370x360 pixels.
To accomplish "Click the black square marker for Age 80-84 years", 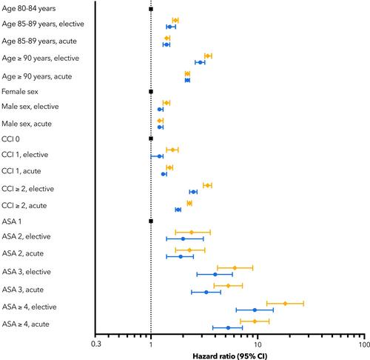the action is pyautogui.click(x=151, y=9).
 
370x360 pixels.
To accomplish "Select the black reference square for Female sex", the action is pyautogui.click(x=151, y=92).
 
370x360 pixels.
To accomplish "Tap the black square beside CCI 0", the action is pyautogui.click(x=151, y=139).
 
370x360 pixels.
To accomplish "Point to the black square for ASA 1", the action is pyautogui.click(x=151, y=221).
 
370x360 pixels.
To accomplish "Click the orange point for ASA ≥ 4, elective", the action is pyautogui.click(x=285, y=304).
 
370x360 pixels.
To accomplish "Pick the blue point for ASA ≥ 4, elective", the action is pyautogui.click(x=255, y=310).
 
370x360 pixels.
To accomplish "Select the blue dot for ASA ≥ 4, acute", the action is pyautogui.click(x=228, y=328).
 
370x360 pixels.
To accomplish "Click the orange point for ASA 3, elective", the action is pyautogui.click(x=235, y=268).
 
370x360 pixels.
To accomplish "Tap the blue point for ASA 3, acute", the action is pyautogui.click(x=206, y=293).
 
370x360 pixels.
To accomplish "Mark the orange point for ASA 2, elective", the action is pyautogui.click(x=192, y=232).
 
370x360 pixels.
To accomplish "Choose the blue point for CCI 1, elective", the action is pyautogui.click(x=159, y=156).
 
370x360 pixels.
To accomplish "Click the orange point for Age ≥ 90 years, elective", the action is pyautogui.click(x=208, y=56).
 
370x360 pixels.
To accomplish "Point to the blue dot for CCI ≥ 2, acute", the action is pyautogui.click(x=178, y=210).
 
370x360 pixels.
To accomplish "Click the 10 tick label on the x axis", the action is pyautogui.click(x=258, y=344).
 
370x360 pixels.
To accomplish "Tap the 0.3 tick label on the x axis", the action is pyautogui.click(x=96, y=344).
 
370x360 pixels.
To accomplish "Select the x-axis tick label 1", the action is pyautogui.click(x=151, y=344).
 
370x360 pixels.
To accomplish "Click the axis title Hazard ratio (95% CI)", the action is pyautogui.click(x=230, y=356).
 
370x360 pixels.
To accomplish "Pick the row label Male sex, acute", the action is pyautogui.click(x=27, y=124).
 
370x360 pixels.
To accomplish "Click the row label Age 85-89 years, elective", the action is pyautogui.click(x=43, y=24).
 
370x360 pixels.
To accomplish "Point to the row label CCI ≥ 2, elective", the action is pyautogui.click(x=27, y=189).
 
